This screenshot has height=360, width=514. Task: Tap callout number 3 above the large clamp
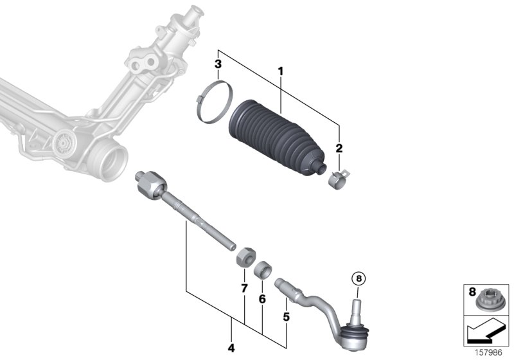click(x=218, y=64)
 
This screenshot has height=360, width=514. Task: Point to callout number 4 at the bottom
click(x=231, y=348)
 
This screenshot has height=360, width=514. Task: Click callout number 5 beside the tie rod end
click(x=287, y=316)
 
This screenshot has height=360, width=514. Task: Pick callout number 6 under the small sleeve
click(x=261, y=299)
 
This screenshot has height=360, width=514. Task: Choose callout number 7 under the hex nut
click(x=244, y=289)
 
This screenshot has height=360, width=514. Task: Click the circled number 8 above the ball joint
click(x=358, y=279)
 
